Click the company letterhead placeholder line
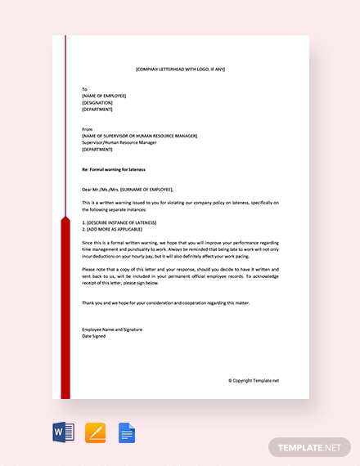pyautogui.click(x=180, y=69)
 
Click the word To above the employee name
pyautogui.click(x=84, y=88)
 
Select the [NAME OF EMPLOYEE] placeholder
pyautogui.click(x=104, y=96)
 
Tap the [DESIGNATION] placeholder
pyautogui.click(x=97, y=102)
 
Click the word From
pyautogui.click(x=87, y=129)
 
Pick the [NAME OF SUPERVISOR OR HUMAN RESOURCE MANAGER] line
pyautogui.click(x=139, y=136)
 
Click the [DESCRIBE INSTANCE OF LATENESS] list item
pyautogui.click(x=119, y=222)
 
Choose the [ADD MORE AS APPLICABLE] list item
pyautogui.click(x=114, y=229)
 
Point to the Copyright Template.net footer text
pyautogui.click(x=254, y=380)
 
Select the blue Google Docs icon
pyautogui.click(x=127, y=432)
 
